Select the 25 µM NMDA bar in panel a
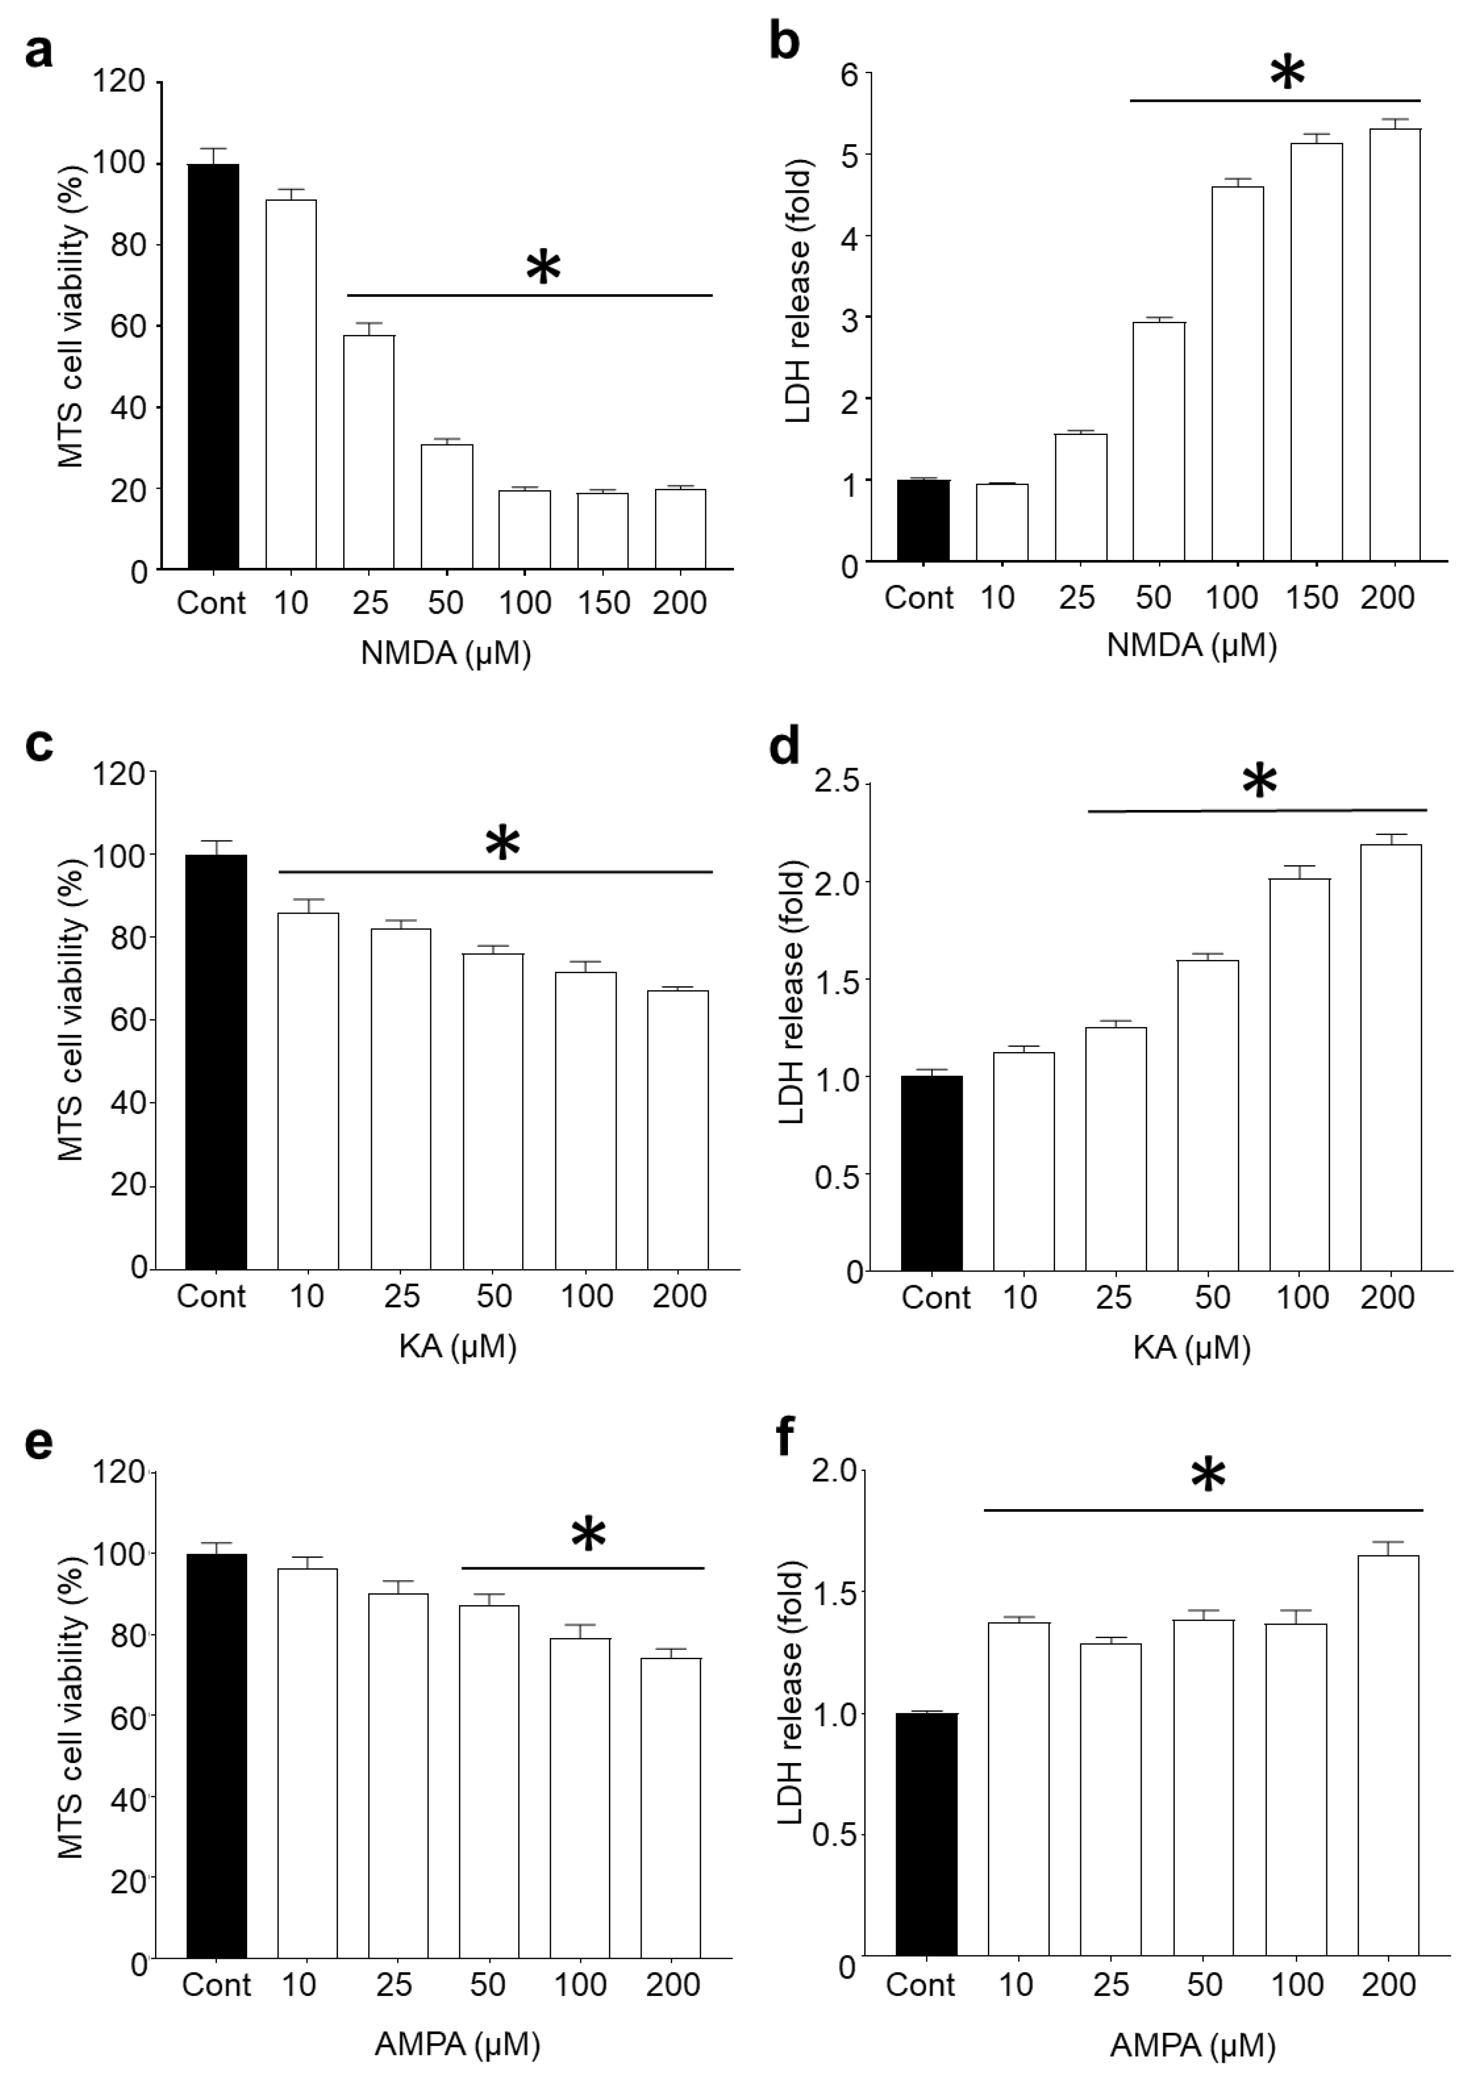pos(369,451)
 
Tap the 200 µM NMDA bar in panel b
pos(1394,344)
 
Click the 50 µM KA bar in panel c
pos(493,1110)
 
